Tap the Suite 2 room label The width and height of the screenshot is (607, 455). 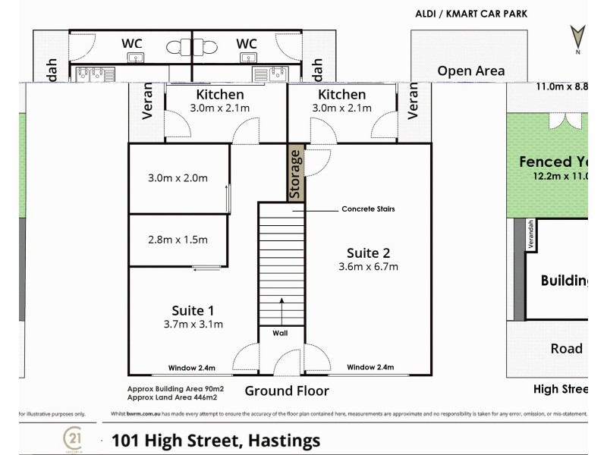click(x=368, y=253)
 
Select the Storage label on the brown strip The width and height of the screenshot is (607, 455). click(x=296, y=173)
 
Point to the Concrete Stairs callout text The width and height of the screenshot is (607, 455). click(x=368, y=209)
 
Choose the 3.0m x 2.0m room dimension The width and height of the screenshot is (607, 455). click(x=178, y=178)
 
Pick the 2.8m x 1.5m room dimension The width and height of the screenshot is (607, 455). click(x=178, y=240)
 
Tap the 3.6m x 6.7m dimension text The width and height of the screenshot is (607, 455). click(x=368, y=266)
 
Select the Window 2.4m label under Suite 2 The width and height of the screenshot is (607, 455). click(x=370, y=368)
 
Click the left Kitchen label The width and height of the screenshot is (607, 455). click(x=220, y=95)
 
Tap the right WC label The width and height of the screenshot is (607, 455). click(x=247, y=44)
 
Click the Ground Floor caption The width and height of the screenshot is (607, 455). click(x=287, y=391)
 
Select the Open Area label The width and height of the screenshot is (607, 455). click(x=470, y=71)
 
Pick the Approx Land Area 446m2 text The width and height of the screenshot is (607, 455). click(x=172, y=397)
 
